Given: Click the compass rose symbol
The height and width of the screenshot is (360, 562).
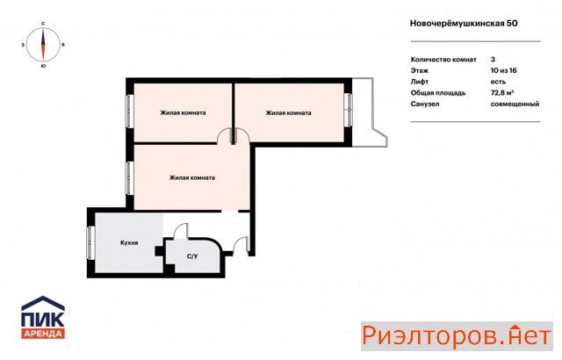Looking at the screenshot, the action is pyautogui.click(x=43, y=45).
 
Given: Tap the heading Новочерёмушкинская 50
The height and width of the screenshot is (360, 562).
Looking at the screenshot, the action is pyautogui.click(x=464, y=24).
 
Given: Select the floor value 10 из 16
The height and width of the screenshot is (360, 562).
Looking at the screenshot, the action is pyautogui.click(x=503, y=70).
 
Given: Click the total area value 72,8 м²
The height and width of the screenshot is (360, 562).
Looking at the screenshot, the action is pyautogui.click(x=502, y=93).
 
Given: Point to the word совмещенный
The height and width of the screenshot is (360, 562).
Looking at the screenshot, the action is pyautogui.click(x=515, y=104).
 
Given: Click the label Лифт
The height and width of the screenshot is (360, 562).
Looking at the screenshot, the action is pyautogui.click(x=420, y=82).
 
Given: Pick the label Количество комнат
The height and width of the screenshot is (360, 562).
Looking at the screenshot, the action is pyautogui.click(x=443, y=60).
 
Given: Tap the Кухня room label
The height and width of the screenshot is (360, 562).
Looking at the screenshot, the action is pyautogui.click(x=129, y=243).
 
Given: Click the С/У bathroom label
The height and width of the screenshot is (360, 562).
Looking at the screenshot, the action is pyautogui.click(x=192, y=256).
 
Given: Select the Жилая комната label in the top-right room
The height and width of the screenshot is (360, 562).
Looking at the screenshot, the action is pyautogui.click(x=288, y=113).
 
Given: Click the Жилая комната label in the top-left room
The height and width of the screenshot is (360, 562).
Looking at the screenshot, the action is pyautogui.click(x=183, y=113).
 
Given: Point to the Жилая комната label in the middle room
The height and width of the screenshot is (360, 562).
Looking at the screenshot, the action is pyautogui.click(x=192, y=177).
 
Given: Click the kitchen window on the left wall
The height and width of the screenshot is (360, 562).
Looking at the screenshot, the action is pyautogui.click(x=90, y=243).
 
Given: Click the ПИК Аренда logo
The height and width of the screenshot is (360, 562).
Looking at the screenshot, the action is pyautogui.click(x=43, y=318).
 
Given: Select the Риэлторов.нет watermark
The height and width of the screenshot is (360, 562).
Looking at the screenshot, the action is pyautogui.click(x=457, y=336).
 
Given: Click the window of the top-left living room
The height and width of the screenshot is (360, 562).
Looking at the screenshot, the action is pyautogui.click(x=130, y=111).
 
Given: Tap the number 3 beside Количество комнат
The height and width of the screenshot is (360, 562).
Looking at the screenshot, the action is pyautogui.click(x=493, y=60).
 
